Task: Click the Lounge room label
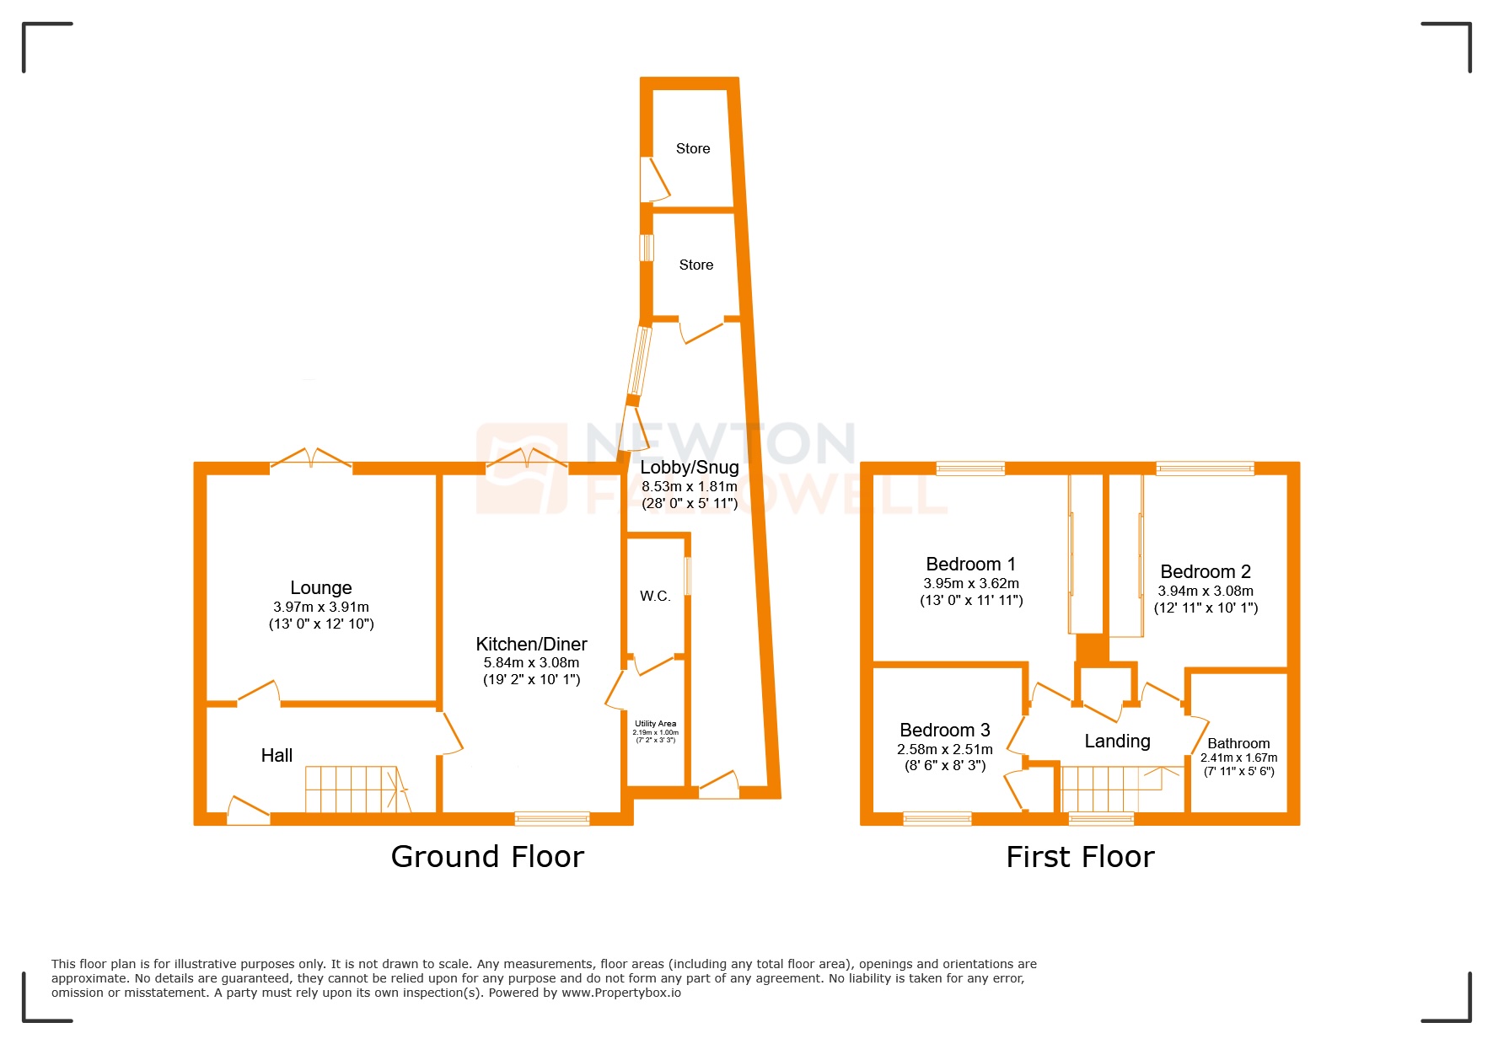pos(320,587)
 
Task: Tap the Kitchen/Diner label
pos(531,644)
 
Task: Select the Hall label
pos(277,755)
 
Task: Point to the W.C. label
pos(655,596)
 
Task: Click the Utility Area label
pos(655,724)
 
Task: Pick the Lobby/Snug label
pos(689,468)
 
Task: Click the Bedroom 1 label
pos(970,564)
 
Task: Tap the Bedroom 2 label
pos(1205,571)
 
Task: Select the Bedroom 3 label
pos(944,730)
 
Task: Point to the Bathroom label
pos(1238,743)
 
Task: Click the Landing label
pos(1117,741)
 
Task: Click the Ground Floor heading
pos(487,857)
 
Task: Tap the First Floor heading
pos(1080,857)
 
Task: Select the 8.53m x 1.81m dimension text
pos(689,486)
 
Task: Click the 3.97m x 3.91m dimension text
pos(320,607)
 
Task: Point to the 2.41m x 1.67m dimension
pos(1238,758)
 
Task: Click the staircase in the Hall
pos(354,789)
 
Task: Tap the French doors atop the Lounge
pos(310,460)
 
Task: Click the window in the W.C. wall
pos(688,576)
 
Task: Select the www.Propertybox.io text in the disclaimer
pos(620,993)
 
